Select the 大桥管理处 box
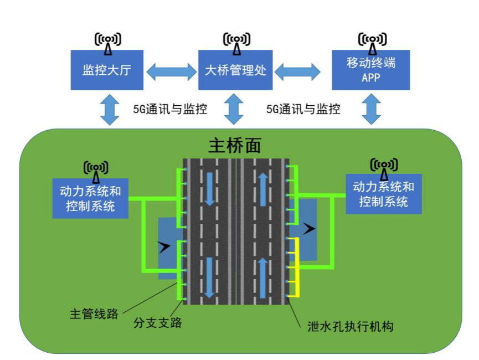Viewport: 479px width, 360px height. pos(235,70)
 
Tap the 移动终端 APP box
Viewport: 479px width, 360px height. pos(370,70)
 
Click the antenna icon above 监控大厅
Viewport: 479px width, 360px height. pos(107,42)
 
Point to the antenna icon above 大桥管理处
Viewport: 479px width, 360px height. pos(236,42)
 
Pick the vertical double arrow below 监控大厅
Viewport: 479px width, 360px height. pos(109,110)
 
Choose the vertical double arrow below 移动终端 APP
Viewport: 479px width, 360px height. pos(371,110)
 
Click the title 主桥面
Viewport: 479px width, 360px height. pos(234,145)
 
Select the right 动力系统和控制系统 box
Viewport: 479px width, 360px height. pos(383,194)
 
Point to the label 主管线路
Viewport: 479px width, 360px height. pos(94,314)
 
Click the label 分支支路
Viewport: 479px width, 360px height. pos(157,322)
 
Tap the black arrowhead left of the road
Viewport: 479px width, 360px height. pos(164,247)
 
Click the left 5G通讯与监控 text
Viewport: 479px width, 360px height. pos(170,109)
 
